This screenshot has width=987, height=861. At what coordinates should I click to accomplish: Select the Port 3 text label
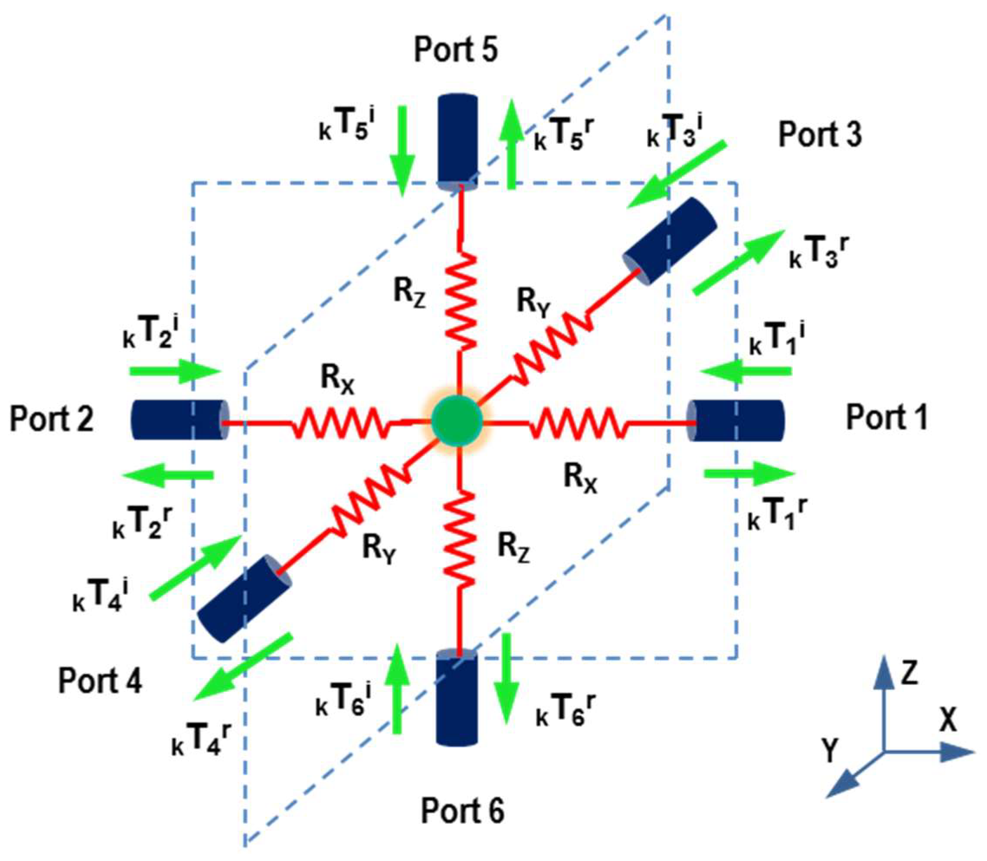(820, 134)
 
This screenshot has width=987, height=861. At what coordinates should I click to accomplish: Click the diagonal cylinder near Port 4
(244, 599)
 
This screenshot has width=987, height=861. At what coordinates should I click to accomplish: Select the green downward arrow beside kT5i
(402, 150)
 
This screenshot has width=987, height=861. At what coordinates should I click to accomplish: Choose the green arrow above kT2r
(168, 475)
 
